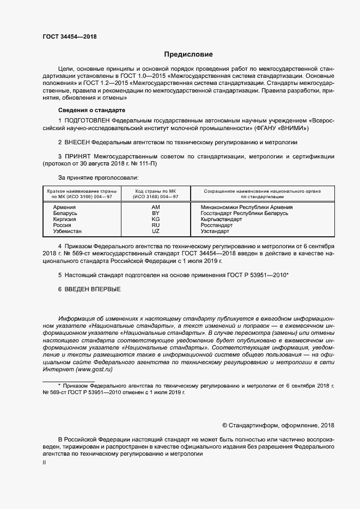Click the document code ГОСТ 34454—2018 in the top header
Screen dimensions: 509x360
click(x=69, y=36)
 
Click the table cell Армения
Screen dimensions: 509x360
click(x=64, y=207)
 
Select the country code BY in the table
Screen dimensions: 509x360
click(x=155, y=213)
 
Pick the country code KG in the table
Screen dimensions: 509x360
click(x=155, y=219)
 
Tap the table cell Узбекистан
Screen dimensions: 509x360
click(x=68, y=231)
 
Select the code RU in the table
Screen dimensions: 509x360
click(x=155, y=225)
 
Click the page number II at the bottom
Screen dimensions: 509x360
click(x=44, y=463)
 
